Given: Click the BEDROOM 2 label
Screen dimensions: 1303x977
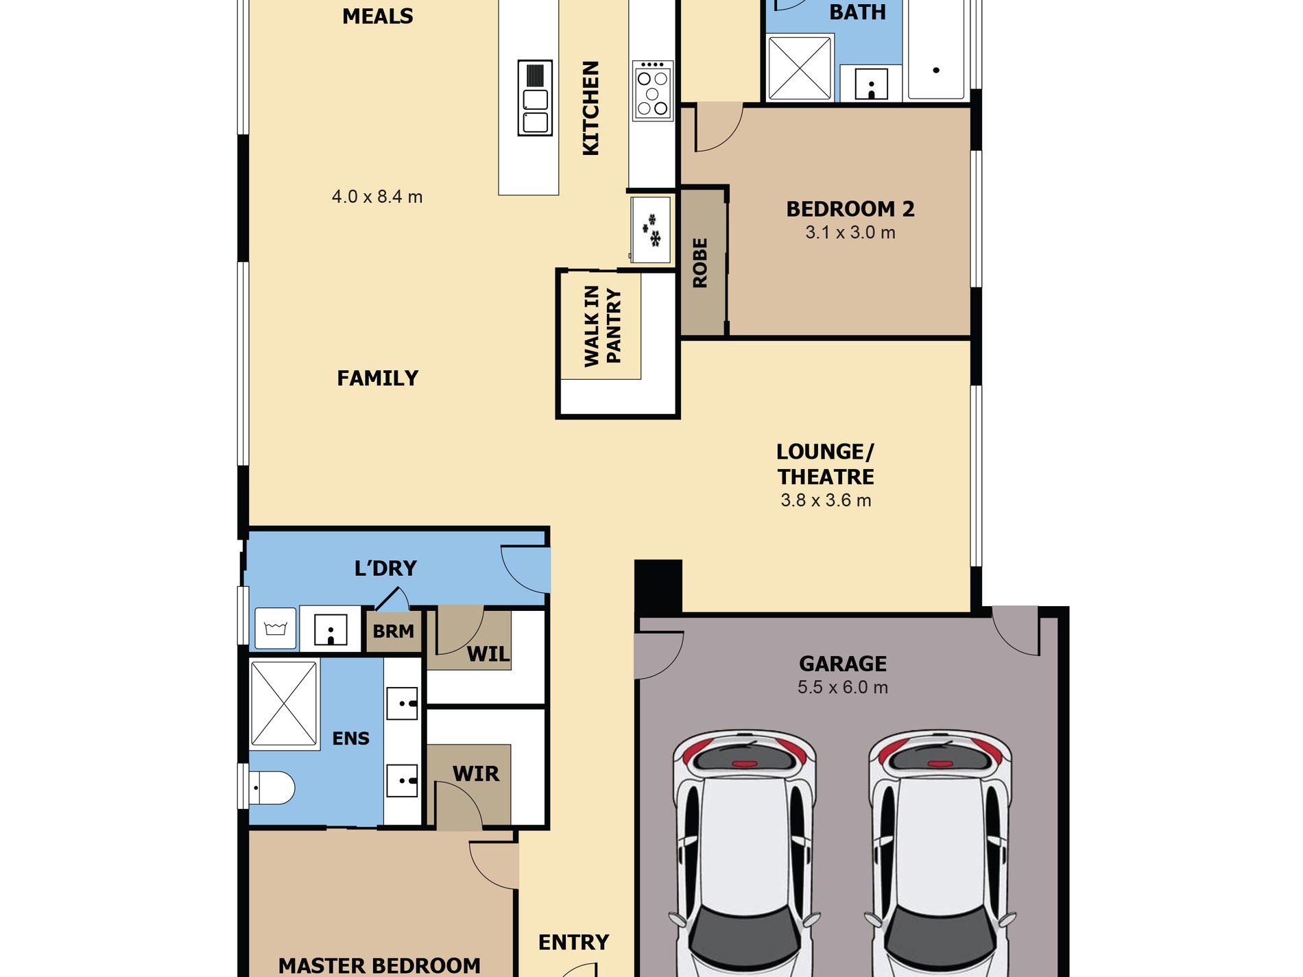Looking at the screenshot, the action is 850,208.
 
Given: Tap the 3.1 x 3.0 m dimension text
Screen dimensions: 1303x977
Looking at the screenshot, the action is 850,232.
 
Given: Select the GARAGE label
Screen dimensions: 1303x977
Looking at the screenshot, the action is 843,664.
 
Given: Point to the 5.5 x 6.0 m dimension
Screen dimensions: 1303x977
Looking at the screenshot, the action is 843,687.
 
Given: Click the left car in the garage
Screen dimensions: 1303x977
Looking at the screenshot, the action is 745,854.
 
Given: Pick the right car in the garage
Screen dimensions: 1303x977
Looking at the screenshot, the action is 940,854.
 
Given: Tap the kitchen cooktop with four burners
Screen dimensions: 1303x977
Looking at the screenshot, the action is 652,91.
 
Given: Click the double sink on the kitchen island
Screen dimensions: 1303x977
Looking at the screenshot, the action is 535,97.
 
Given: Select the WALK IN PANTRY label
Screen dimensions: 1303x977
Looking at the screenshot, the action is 602,326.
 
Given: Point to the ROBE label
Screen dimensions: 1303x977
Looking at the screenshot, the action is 700,263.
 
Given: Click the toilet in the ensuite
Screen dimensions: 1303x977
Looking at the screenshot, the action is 272,788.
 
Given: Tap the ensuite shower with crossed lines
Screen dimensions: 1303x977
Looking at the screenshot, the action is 284,703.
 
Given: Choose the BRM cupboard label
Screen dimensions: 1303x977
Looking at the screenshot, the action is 394,631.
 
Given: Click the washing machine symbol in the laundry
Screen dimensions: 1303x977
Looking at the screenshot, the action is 276,628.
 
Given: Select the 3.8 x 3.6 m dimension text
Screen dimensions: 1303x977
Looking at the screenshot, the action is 826,500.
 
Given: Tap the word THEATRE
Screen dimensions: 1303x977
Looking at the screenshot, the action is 826,477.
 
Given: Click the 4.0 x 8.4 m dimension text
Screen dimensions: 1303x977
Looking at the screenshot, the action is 377,197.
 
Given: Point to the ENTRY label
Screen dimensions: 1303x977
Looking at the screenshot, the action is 573,943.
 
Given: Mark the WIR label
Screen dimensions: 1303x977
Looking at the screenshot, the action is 476,774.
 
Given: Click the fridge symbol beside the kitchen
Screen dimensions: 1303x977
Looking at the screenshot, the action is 650,230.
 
